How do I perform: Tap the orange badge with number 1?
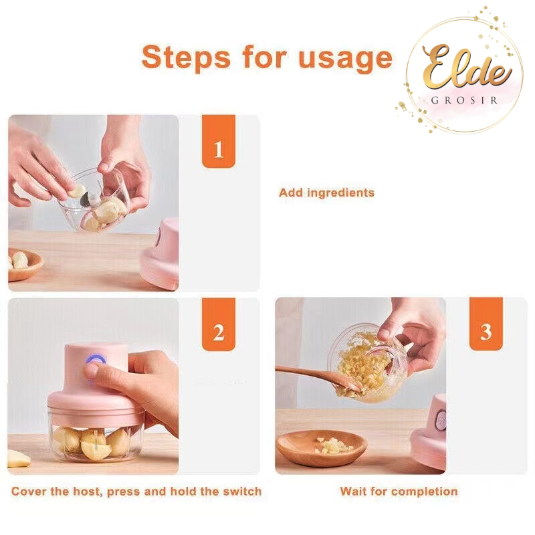click(219, 141)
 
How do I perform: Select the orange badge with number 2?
click(219, 324)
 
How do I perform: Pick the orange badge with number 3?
click(486, 324)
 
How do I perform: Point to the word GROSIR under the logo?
click(464, 100)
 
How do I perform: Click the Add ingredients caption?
click(326, 193)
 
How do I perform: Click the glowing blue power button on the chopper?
click(96, 360)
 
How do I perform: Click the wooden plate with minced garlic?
click(322, 448)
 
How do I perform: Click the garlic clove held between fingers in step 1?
click(77, 191)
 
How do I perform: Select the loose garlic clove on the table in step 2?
click(18, 459)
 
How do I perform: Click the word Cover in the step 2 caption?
click(29, 492)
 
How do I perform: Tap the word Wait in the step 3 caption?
click(354, 492)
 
